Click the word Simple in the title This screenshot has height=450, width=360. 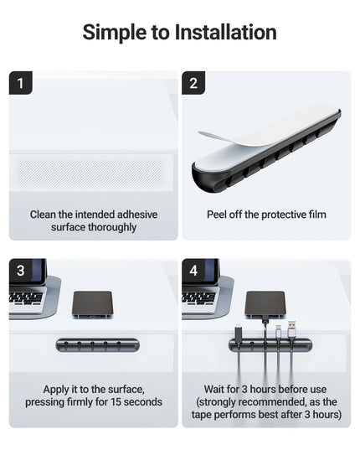click(116, 33)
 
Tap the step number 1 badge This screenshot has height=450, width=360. click(20, 83)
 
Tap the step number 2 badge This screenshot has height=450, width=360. click(193, 83)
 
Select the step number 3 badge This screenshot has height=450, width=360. click(20, 271)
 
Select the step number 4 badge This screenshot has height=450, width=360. click(193, 271)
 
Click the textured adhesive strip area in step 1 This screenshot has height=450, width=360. click(92, 170)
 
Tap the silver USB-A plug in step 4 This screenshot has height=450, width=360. click(292, 326)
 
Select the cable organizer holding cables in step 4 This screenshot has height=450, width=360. click(270, 344)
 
